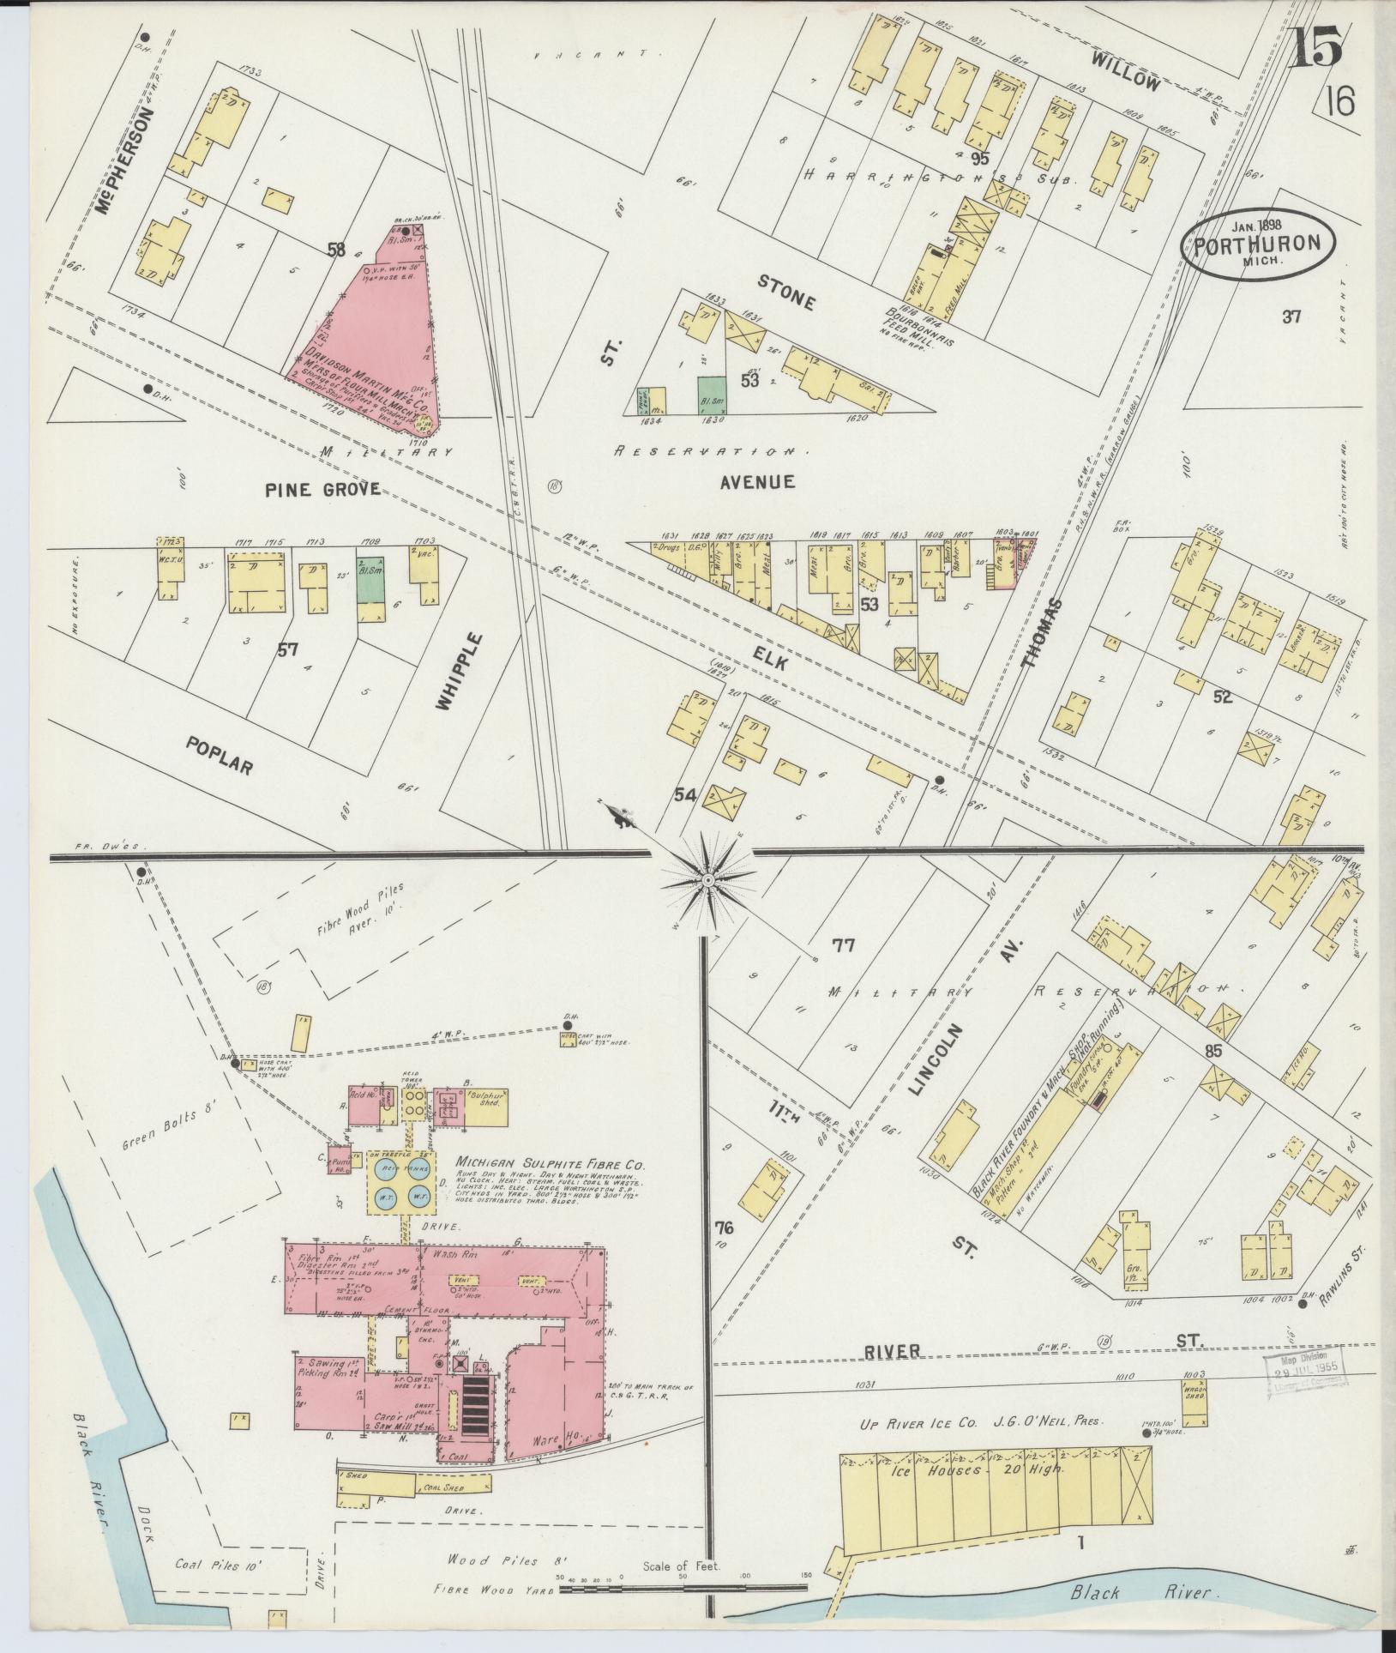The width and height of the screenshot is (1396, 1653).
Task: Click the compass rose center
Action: (708, 881)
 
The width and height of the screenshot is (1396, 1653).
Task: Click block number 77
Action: (843, 945)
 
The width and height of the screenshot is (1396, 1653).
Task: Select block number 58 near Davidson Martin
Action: (335, 250)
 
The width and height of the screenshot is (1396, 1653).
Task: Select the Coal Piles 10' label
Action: (218, 1566)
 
